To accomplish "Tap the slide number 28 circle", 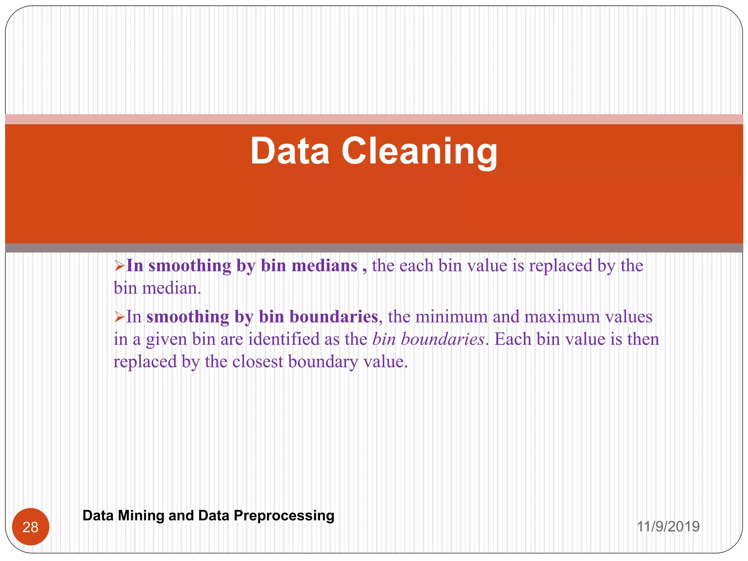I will click(31, 527).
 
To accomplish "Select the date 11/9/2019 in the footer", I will click(668, 526).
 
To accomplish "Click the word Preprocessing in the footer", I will click(284, 515).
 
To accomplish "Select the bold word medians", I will click(325, 266).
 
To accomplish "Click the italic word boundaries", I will click(443, 339).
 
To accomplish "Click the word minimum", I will click(452, 317).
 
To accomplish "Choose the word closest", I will click(258, 362).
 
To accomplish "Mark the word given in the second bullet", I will click(166, 340).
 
